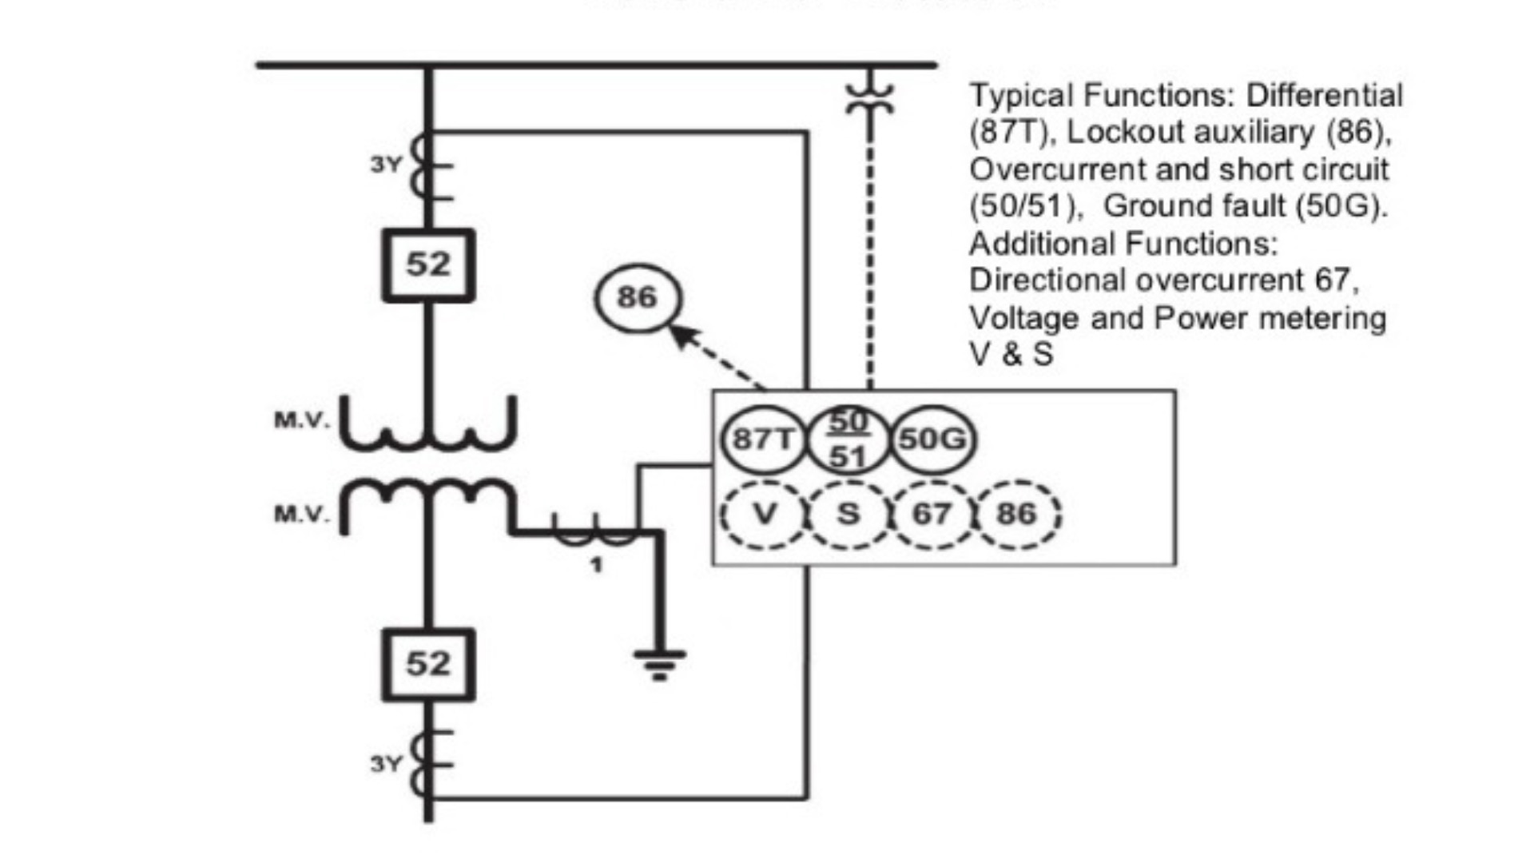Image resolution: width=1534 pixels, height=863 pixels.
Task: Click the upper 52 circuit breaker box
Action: [x=428, y=264]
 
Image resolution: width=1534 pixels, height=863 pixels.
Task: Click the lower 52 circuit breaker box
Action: [x=428, y=664]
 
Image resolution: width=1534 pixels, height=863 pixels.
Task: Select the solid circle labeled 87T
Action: [x=763, y=439]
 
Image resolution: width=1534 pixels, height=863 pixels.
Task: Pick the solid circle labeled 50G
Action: [x=932, y=439]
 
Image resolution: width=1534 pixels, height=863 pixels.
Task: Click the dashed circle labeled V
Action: [x=765, y=514]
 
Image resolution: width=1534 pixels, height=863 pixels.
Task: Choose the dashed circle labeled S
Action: [x=848, y=514]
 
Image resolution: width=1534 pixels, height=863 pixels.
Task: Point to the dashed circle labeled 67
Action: [x=932, y=514]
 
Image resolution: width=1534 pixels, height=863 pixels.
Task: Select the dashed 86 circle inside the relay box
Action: [x=1016, y=514]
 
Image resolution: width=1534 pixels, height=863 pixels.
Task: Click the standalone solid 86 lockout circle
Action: [x=638, y=298]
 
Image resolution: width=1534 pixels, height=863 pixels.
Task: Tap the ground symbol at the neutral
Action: [x=659, y=663]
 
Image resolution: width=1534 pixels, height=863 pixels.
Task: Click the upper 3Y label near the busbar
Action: [x=386, y=165]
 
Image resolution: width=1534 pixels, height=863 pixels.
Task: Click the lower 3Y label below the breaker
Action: [x=386, y=764]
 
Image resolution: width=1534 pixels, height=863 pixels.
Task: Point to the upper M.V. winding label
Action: [x=301, y=420]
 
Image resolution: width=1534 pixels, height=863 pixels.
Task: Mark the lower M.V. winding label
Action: [x=301, y=513]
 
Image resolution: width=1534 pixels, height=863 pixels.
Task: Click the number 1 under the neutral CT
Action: [x=595, y=565]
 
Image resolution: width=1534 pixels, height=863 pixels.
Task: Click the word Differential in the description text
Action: [x=1324, y=95]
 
